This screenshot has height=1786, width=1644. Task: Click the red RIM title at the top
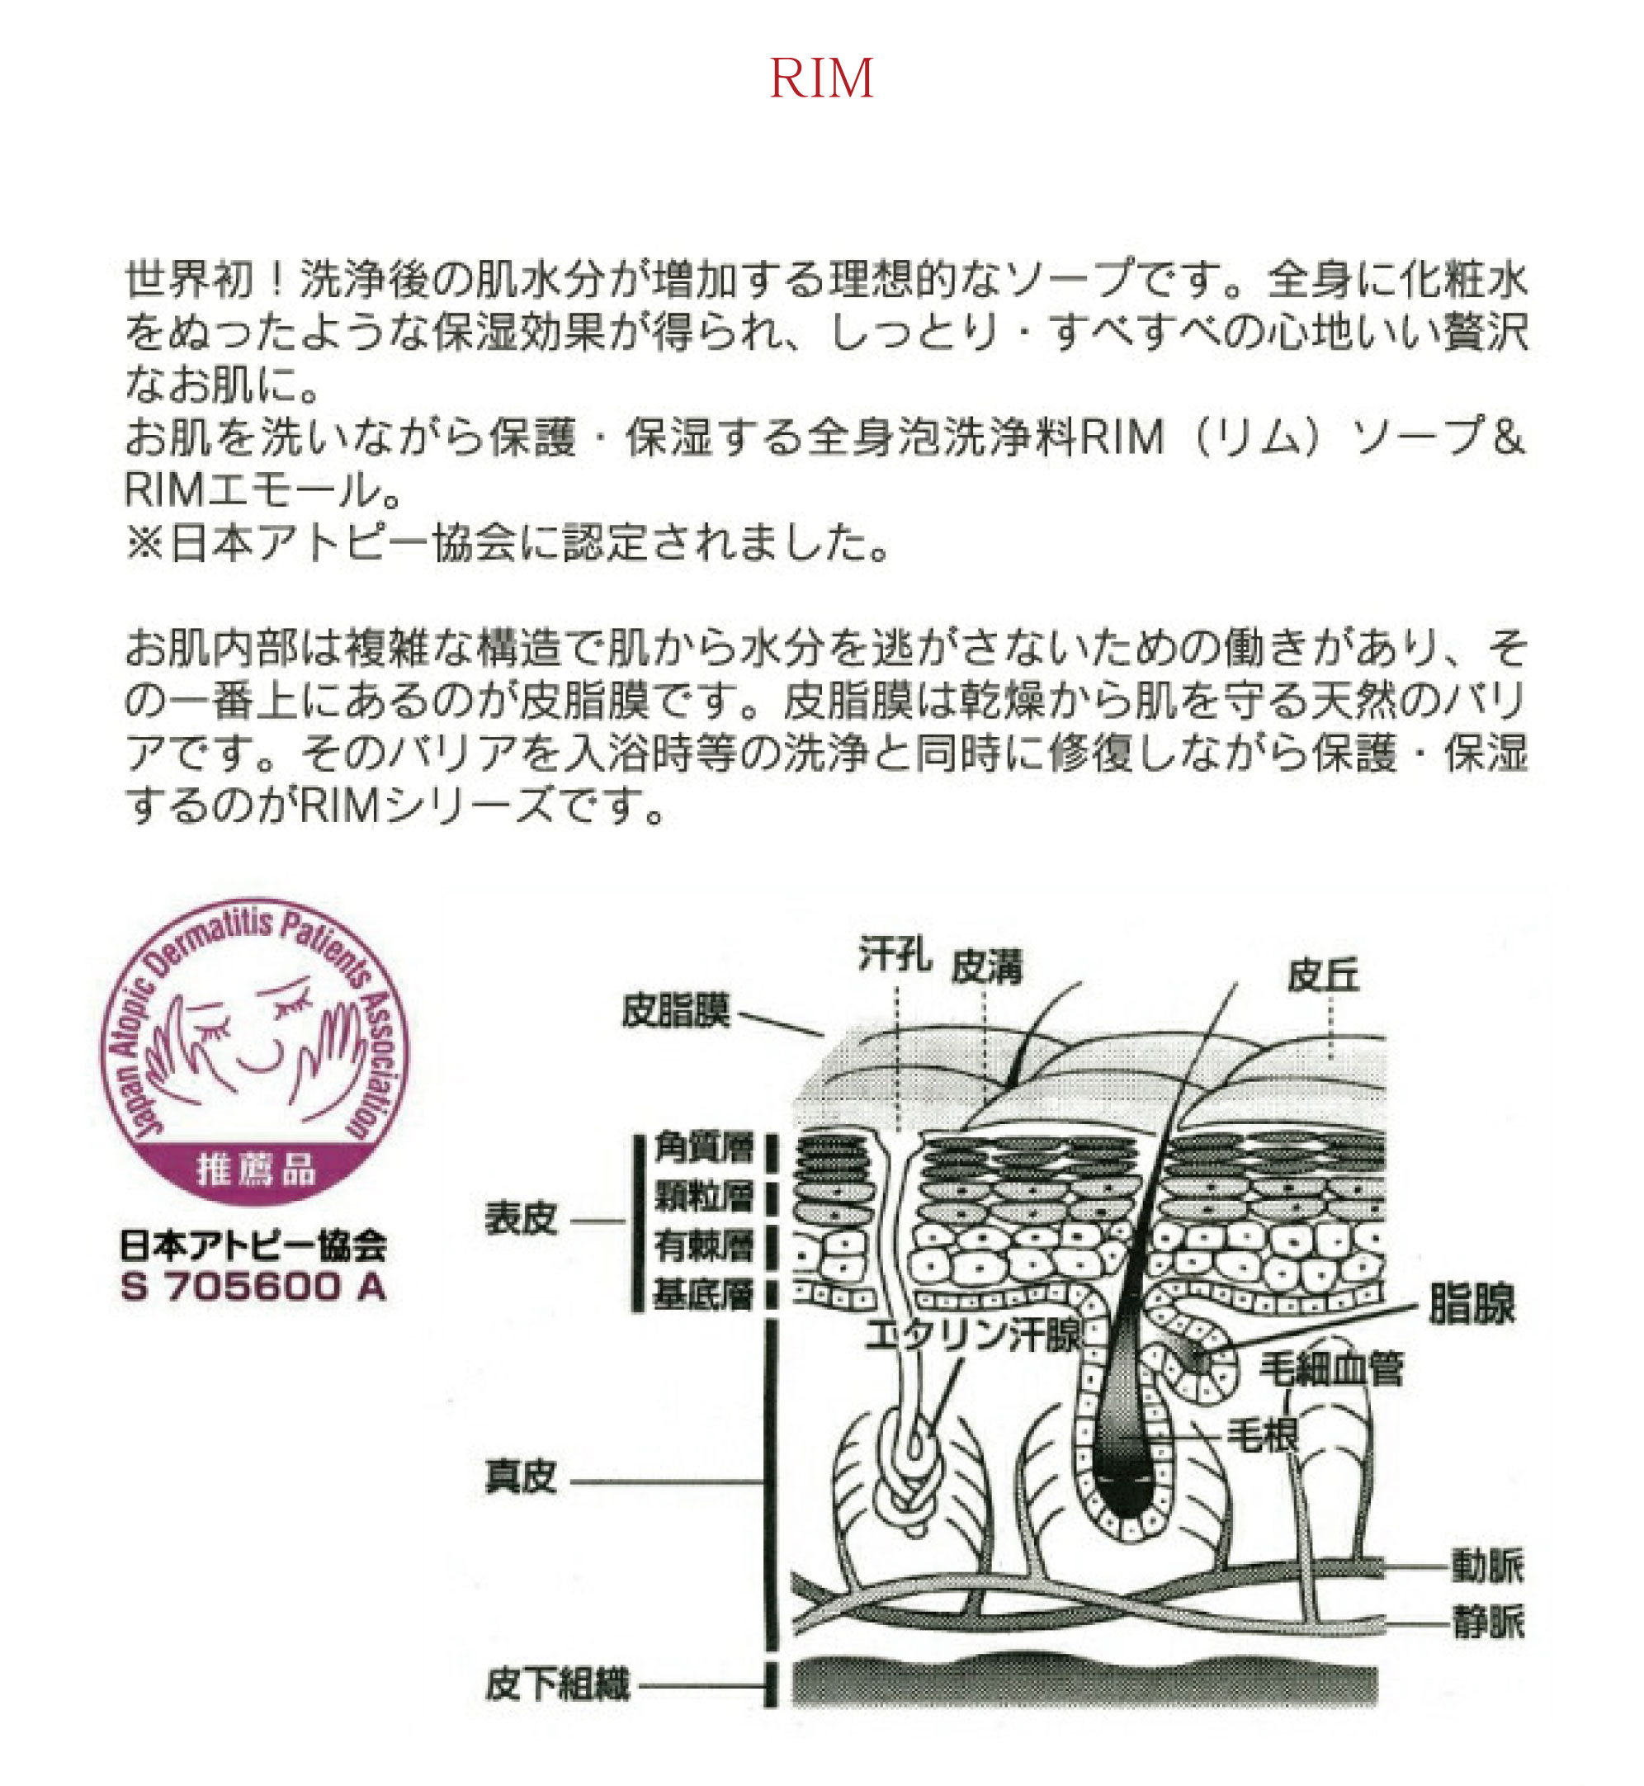(821, 78)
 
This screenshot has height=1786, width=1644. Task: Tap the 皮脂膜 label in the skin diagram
(676, 1010)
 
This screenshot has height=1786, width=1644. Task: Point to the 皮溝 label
(987, 966)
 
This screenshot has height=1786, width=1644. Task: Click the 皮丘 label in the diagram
(1324, 976)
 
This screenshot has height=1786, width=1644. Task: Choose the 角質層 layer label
(705, 1148)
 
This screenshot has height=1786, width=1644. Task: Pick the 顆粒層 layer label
(705, 1198)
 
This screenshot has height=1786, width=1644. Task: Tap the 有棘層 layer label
(705, 1245)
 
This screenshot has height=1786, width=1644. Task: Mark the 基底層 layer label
(705, 1294)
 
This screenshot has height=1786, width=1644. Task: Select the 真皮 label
(522, 1477)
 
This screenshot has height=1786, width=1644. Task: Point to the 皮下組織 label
(558, 1684)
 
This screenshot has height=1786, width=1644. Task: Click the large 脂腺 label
(1472, 1304)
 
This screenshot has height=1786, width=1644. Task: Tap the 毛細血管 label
(1332, 1369)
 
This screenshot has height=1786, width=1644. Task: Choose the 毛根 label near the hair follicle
(1264, 1434)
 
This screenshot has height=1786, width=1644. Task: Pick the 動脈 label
(1488, 1566)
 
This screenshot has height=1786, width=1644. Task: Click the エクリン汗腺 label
(973, 1335)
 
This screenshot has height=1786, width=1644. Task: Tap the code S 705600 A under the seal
(253, 1287)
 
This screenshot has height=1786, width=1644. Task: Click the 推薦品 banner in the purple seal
(256, 1169)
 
